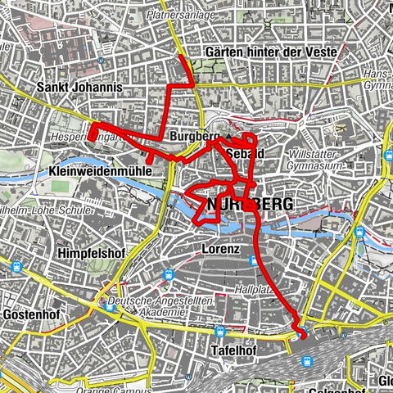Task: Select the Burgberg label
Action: coord(192,136)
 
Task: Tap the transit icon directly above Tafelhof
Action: coord(219,332)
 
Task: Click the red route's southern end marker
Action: coord(300,333)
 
